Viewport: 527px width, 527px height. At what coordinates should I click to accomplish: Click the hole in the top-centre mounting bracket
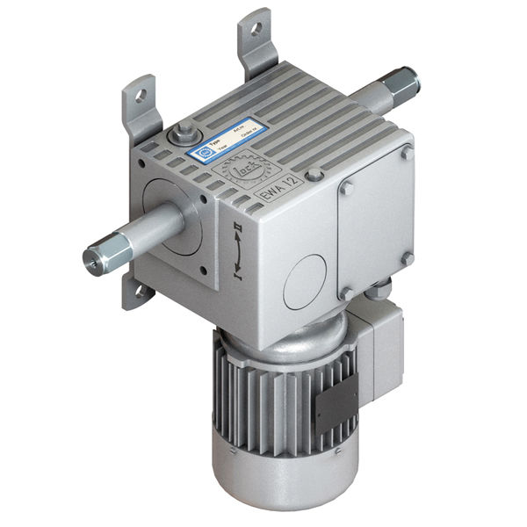point(256,28)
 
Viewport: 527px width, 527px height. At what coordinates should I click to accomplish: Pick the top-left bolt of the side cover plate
point(345,187)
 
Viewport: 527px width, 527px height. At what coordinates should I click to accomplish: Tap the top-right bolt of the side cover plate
point(407,152)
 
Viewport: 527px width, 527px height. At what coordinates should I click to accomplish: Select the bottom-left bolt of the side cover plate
point(346,292)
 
